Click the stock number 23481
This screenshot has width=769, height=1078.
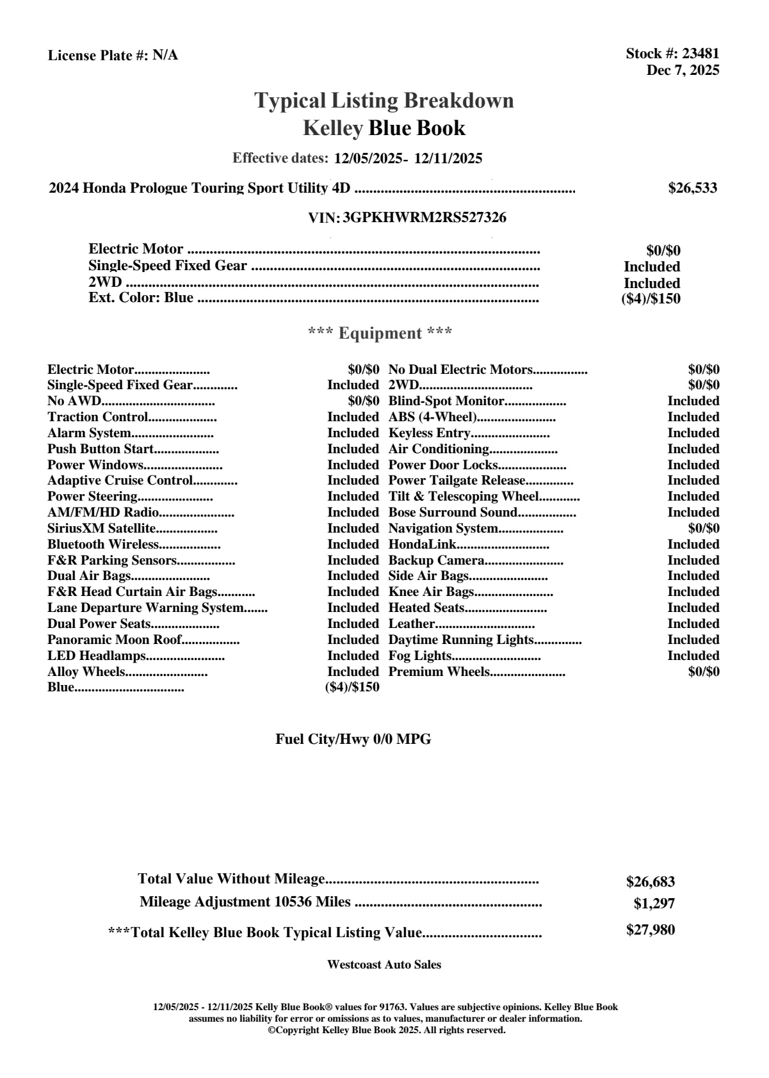point(700,54)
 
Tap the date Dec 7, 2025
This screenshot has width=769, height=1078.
point(683,70)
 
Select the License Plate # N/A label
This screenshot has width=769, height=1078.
point(113,56)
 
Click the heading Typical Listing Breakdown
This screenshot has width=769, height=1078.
point(384,101)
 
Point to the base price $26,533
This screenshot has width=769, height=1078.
point(693,188)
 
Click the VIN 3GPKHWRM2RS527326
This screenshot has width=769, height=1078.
point(425,218)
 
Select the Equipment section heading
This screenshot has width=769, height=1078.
point(380,334)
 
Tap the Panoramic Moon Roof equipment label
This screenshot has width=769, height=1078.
point(114,640)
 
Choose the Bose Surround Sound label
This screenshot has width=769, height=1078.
point(453,512)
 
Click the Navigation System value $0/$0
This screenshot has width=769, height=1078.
point(703,528)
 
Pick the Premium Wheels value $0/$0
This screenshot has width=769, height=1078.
point(703,672)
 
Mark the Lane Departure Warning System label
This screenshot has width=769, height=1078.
point(145,607)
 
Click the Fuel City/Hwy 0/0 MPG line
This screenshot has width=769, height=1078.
point(353,739)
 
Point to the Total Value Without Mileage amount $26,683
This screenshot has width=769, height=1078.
point(650,882)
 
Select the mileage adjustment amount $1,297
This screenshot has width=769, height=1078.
point(654,904)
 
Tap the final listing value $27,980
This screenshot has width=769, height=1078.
point(650,930)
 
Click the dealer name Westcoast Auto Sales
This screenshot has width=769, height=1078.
point(384,965)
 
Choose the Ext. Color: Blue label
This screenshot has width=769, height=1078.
point(141,298)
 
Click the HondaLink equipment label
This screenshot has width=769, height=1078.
point(423,544)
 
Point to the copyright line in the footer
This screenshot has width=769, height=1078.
point(386,1030)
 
